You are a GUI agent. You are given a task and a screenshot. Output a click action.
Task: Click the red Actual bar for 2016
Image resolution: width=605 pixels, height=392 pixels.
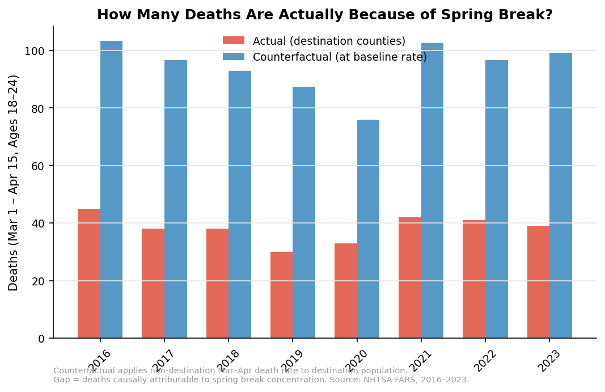[x=89, y=273]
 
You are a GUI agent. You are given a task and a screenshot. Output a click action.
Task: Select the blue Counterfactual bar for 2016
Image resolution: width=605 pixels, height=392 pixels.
[x=111, y=189]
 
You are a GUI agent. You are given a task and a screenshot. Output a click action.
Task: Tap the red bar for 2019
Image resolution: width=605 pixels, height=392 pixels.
[x=281, y=295]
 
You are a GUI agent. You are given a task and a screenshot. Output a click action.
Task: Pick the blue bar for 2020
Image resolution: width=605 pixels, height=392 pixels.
[x=368, y=229]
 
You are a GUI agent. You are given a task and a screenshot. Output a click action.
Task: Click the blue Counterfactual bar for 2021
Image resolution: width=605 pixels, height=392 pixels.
[x=432, y=191]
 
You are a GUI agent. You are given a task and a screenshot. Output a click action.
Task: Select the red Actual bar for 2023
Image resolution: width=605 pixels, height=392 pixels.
[x=538, y=282]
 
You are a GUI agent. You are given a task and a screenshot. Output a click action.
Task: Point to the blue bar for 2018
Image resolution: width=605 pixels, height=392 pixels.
[x=240, y=204]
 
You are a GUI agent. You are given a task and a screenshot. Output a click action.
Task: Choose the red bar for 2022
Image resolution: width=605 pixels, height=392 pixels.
[x=474, y=279]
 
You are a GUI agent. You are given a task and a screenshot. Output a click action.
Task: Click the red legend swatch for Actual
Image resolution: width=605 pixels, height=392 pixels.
[x=234, y=41]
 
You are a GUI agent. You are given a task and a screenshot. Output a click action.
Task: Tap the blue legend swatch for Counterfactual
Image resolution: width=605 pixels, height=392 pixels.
[x=234, y=57]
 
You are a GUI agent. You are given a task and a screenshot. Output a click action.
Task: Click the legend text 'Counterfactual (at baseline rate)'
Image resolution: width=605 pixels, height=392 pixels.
[x=339, y=57]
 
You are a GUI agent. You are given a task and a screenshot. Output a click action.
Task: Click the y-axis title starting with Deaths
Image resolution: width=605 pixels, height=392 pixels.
[x=14, y=183]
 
